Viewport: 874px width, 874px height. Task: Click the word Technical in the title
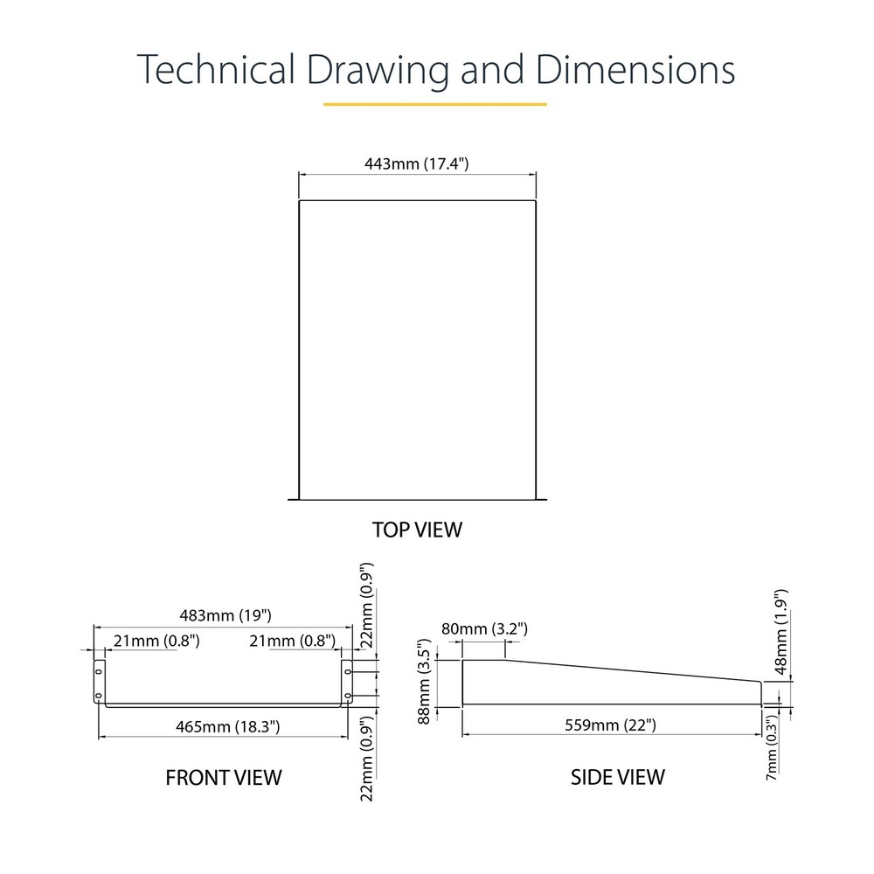pos(216,69)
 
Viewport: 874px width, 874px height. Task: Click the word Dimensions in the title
pos(635,69)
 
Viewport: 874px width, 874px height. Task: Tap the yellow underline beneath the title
pos(434,104)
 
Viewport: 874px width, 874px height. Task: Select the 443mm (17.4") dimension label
pos(416,164)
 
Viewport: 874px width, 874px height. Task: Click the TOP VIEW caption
pos(417,530)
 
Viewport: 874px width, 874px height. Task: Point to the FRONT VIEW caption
pos(224,778)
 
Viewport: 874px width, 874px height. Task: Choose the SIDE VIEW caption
pos(618,777)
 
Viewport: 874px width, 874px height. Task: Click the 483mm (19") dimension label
pos(225,615)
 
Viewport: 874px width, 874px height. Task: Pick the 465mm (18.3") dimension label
pos(227,727)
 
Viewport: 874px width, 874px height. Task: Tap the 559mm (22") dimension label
pos(610,725)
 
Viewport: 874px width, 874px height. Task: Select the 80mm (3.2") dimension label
pos(484,628)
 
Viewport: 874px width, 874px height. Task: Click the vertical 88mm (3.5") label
pos(424,682)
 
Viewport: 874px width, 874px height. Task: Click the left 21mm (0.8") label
pos(156,641)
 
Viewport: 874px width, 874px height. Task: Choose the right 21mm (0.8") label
pos(292,641)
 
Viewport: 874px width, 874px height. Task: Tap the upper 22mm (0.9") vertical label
pos(366,605)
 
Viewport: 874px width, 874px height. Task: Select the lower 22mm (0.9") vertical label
pos(366,759)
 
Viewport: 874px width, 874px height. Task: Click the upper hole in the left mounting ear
pos(99,671)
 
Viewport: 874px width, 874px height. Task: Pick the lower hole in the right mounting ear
pos(347,696)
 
